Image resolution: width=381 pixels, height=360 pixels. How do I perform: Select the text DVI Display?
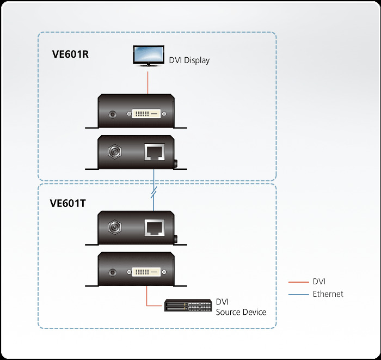[x=189, y=60]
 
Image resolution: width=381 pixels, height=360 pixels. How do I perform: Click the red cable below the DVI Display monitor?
[x=148, y=82]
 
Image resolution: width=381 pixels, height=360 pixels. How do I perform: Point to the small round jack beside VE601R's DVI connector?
[x=113, y=114]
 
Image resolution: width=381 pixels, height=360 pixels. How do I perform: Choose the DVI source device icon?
[x=188, y=307]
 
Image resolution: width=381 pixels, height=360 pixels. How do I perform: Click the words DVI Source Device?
[x=241, y=307]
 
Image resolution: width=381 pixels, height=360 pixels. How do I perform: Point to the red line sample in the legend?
[x=298, y=282]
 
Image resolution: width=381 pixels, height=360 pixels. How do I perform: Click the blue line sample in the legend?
[x=298, y=294]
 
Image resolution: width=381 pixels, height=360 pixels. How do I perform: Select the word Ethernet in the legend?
[x=328, y=294]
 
